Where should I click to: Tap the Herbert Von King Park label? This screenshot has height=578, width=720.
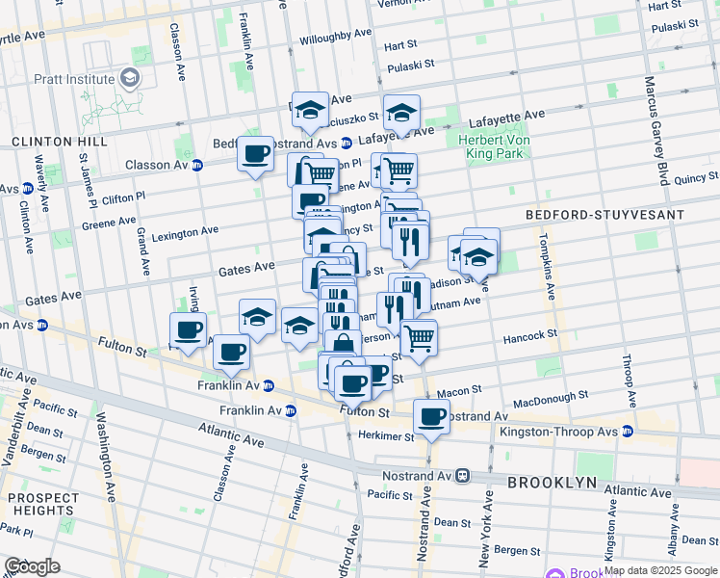tap(497, 145)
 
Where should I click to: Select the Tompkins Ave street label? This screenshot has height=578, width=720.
tap(547, 267)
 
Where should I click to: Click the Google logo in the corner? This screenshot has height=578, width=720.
tap(32, 566)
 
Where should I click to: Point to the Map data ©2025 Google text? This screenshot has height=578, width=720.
tap(660, 570)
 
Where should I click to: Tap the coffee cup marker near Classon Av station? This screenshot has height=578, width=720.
tap(256, 154)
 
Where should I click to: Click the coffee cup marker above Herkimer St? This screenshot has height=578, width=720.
tap(431, 417)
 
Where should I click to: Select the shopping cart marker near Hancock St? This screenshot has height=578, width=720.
tap(418, 338)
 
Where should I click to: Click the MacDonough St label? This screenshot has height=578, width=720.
tap(551, 396)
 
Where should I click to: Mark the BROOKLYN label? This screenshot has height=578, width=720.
tap(552, 482)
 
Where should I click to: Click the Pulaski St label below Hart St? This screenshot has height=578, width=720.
tap(412, 67)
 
